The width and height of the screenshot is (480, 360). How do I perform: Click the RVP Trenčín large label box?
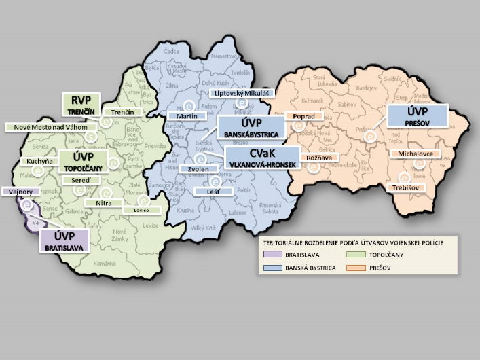coord(81,104)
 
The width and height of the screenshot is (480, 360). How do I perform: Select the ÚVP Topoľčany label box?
coord(79,161)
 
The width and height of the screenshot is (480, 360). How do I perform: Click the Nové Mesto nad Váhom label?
coord(48,127)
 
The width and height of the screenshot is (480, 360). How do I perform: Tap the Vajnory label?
coord(17,192)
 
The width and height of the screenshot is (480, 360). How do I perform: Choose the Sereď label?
coord(73,180)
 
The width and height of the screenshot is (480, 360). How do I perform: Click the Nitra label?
coord(103,202)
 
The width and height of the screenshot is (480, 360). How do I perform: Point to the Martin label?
coord(182,116)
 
